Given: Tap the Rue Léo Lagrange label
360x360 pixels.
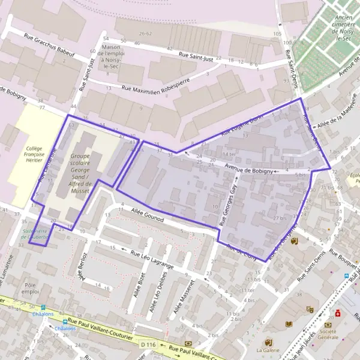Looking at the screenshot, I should (x=147, y=258).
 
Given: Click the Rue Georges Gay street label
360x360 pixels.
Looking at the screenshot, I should (x=228, y=204).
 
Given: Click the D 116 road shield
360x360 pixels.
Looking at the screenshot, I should (x=148, y=344).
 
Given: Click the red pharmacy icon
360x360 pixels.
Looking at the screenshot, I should (x=338, y=313).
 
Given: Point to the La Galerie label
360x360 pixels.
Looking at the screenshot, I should (x=268, y=350).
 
